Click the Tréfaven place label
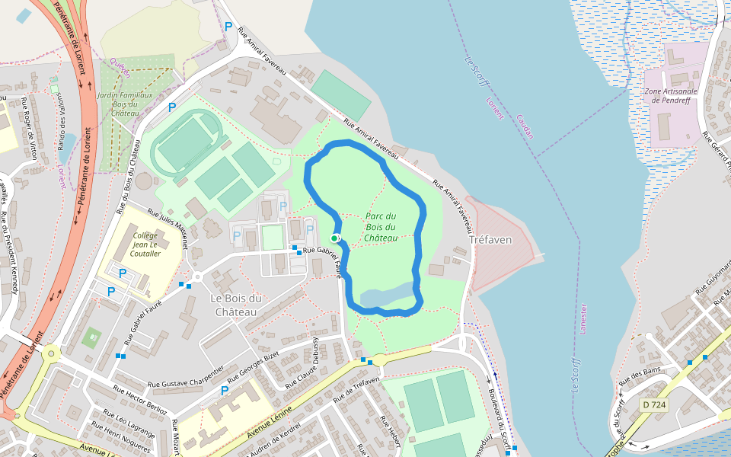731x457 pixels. pyautogui.click(x=490, y=239)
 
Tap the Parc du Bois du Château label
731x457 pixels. pyautogui.click(x=381, y=227)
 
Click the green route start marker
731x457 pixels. pyautogui.click(x=334, y=238)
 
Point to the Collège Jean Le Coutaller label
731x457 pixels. pyautogui.click(x=145, y=244)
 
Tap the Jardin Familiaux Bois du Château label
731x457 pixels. pyautogui.click(x=124, y=104)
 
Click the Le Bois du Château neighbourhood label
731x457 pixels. pyautogui.click(x=235, y=305)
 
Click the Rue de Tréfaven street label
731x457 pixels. pyautogui.click(x=356, y=387)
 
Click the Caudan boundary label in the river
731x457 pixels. pyautogui.click(x=525, y=126)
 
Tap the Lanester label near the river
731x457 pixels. pyautogui.click(x=584, y=321)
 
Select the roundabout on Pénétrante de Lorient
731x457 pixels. pyautogui.click(x=51, y=353)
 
